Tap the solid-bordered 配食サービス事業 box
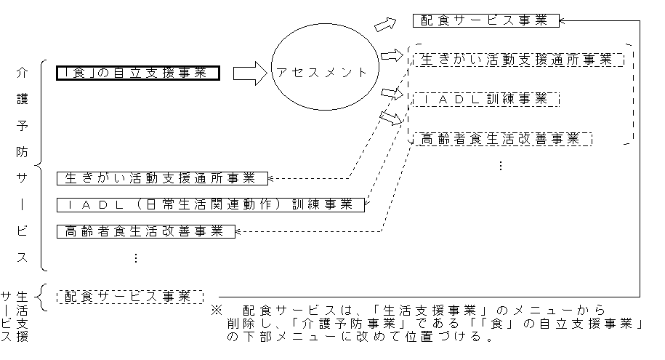pyautogui.click(x=485, y=20)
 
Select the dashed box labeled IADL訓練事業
pyautogui.click(x=485, y=99)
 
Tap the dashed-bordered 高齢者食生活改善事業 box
pyautogui.click(x=501, y=138)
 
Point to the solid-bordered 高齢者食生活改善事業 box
pyautogui.click(x=146, y=231)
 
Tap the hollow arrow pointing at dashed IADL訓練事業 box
pyautogui.click(x=391, y=93)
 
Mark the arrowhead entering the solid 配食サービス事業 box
pyautogui.click(x=564, y=20)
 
